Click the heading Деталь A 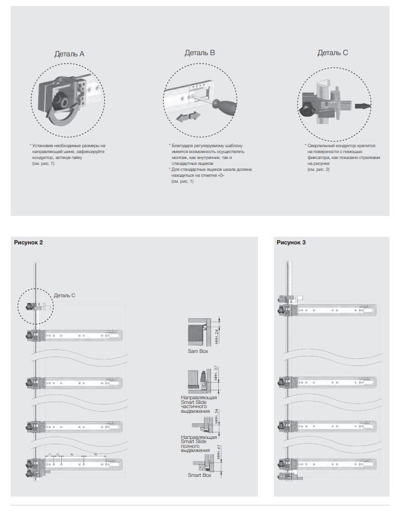(x=69, y=54)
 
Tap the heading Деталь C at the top (x=333, y=53)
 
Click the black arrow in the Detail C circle (x=363, y=107)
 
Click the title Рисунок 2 (x=28, y=243)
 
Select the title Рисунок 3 (x=291, y=243)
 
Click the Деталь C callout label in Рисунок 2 (x=65, y=295)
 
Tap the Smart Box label (x=200, y=475)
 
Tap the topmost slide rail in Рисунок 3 (x=335, y=310)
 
